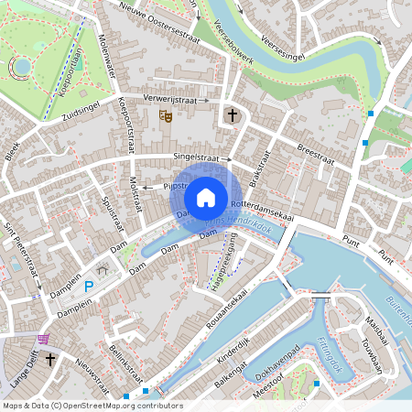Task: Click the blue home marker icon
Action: [206, 197]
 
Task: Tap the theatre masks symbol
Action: [166, 115]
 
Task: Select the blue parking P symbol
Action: [89, 287]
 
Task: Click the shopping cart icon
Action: [44, 339]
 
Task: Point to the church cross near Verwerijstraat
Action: [233, 115]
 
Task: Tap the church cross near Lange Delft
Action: [51, 359]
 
